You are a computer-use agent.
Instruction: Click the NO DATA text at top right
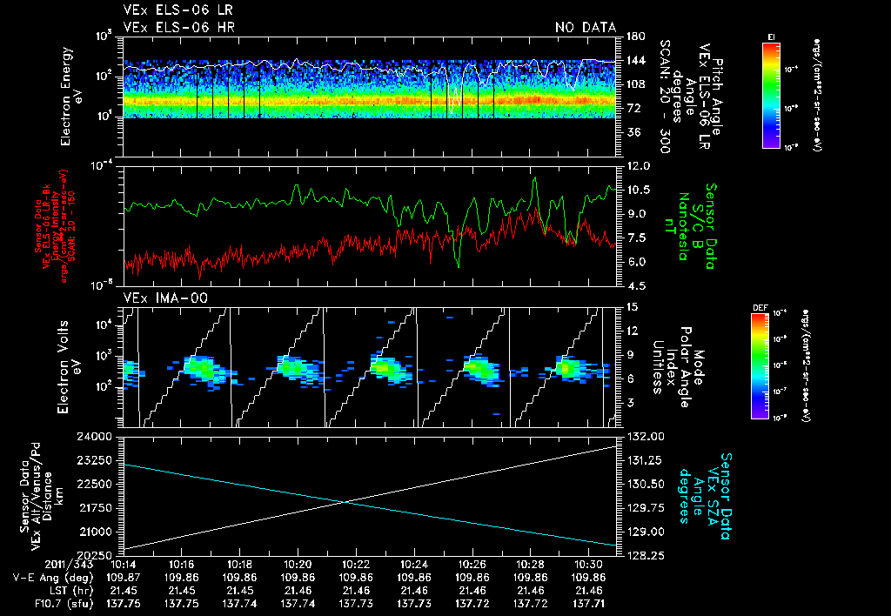point(585,27)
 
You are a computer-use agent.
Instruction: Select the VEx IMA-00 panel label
point(159,298)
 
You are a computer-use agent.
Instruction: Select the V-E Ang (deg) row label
point(59,577)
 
